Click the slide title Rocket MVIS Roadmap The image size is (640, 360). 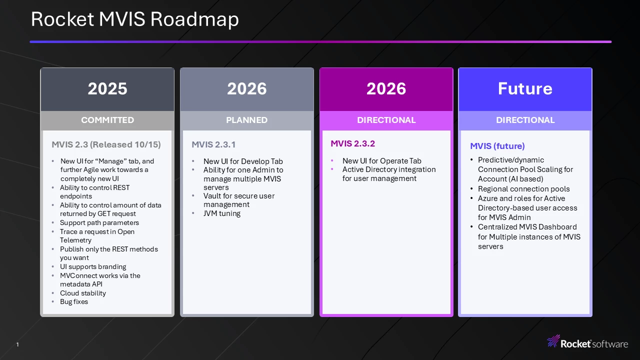pos(134,19)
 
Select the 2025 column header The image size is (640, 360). pos(107,88)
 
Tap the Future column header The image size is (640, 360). pos(525,88)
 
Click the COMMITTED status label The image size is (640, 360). pos(107,120)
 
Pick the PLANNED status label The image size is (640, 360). pos(247,120)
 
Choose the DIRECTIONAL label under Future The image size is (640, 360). pos(525,120)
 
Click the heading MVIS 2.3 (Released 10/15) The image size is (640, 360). pos(106,144)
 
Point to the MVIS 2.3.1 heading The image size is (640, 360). pos(213,144)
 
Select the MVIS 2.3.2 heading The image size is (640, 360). pos(352,143)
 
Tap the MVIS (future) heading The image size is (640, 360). pos(497,146)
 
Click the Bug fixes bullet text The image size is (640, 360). pos(74,301)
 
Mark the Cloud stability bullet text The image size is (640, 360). pos(83,293)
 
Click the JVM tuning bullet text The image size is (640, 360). pos(222,213)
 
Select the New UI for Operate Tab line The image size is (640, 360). pos(381,161)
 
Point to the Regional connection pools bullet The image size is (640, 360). pos(523,189)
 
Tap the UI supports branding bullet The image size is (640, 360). pos(93,266)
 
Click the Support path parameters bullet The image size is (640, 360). pos(99,222)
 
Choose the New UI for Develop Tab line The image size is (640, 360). pos(243,161)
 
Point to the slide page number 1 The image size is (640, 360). pos(17,344)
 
